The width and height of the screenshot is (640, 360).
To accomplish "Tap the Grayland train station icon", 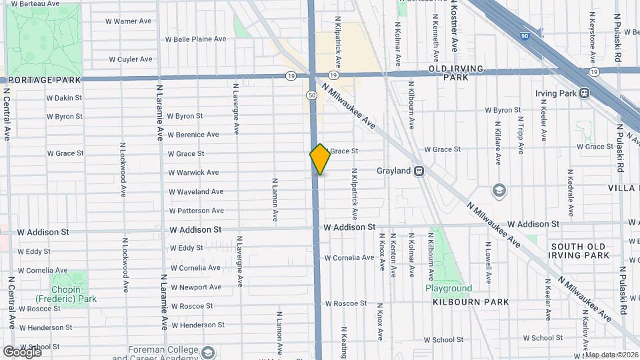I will pos(419,171).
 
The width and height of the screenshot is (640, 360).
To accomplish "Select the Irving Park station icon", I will pos(584,93).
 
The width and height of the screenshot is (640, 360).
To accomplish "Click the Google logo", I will pos(22,351).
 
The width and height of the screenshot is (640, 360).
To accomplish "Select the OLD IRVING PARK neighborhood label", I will pos(459,73).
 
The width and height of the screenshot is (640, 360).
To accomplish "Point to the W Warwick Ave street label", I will pos(193,173).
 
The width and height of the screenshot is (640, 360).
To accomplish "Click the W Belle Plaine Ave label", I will pos(195,39).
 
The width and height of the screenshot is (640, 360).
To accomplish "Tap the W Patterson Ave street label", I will pos(196,211).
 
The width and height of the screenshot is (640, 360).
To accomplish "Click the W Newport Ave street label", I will pos(196,287).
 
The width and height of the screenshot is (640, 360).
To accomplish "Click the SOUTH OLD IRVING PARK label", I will pos(579,251).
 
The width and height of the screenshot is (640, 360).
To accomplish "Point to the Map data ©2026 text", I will pos(611,355).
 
